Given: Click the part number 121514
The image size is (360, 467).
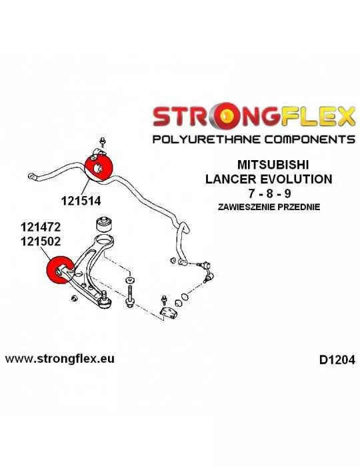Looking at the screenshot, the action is point(81,201).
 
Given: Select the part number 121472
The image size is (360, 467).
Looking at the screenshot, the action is point(41,227).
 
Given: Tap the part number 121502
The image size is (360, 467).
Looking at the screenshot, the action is point(41,241).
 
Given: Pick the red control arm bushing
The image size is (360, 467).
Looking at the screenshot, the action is point(60,270).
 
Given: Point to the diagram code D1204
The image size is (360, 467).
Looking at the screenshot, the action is point(337,360).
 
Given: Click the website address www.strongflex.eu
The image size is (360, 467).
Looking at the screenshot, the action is point(59,359).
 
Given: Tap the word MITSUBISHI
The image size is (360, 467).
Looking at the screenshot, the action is point(273,165).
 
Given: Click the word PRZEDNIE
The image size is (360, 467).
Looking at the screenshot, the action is point(299,207).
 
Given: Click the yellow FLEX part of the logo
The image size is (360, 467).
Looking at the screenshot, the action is point(317,115).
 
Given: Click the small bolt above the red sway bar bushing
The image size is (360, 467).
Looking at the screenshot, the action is point(103,141).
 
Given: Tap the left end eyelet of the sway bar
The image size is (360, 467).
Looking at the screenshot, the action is point(32,177).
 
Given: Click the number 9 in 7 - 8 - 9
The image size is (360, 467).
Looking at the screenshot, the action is point(287,194).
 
